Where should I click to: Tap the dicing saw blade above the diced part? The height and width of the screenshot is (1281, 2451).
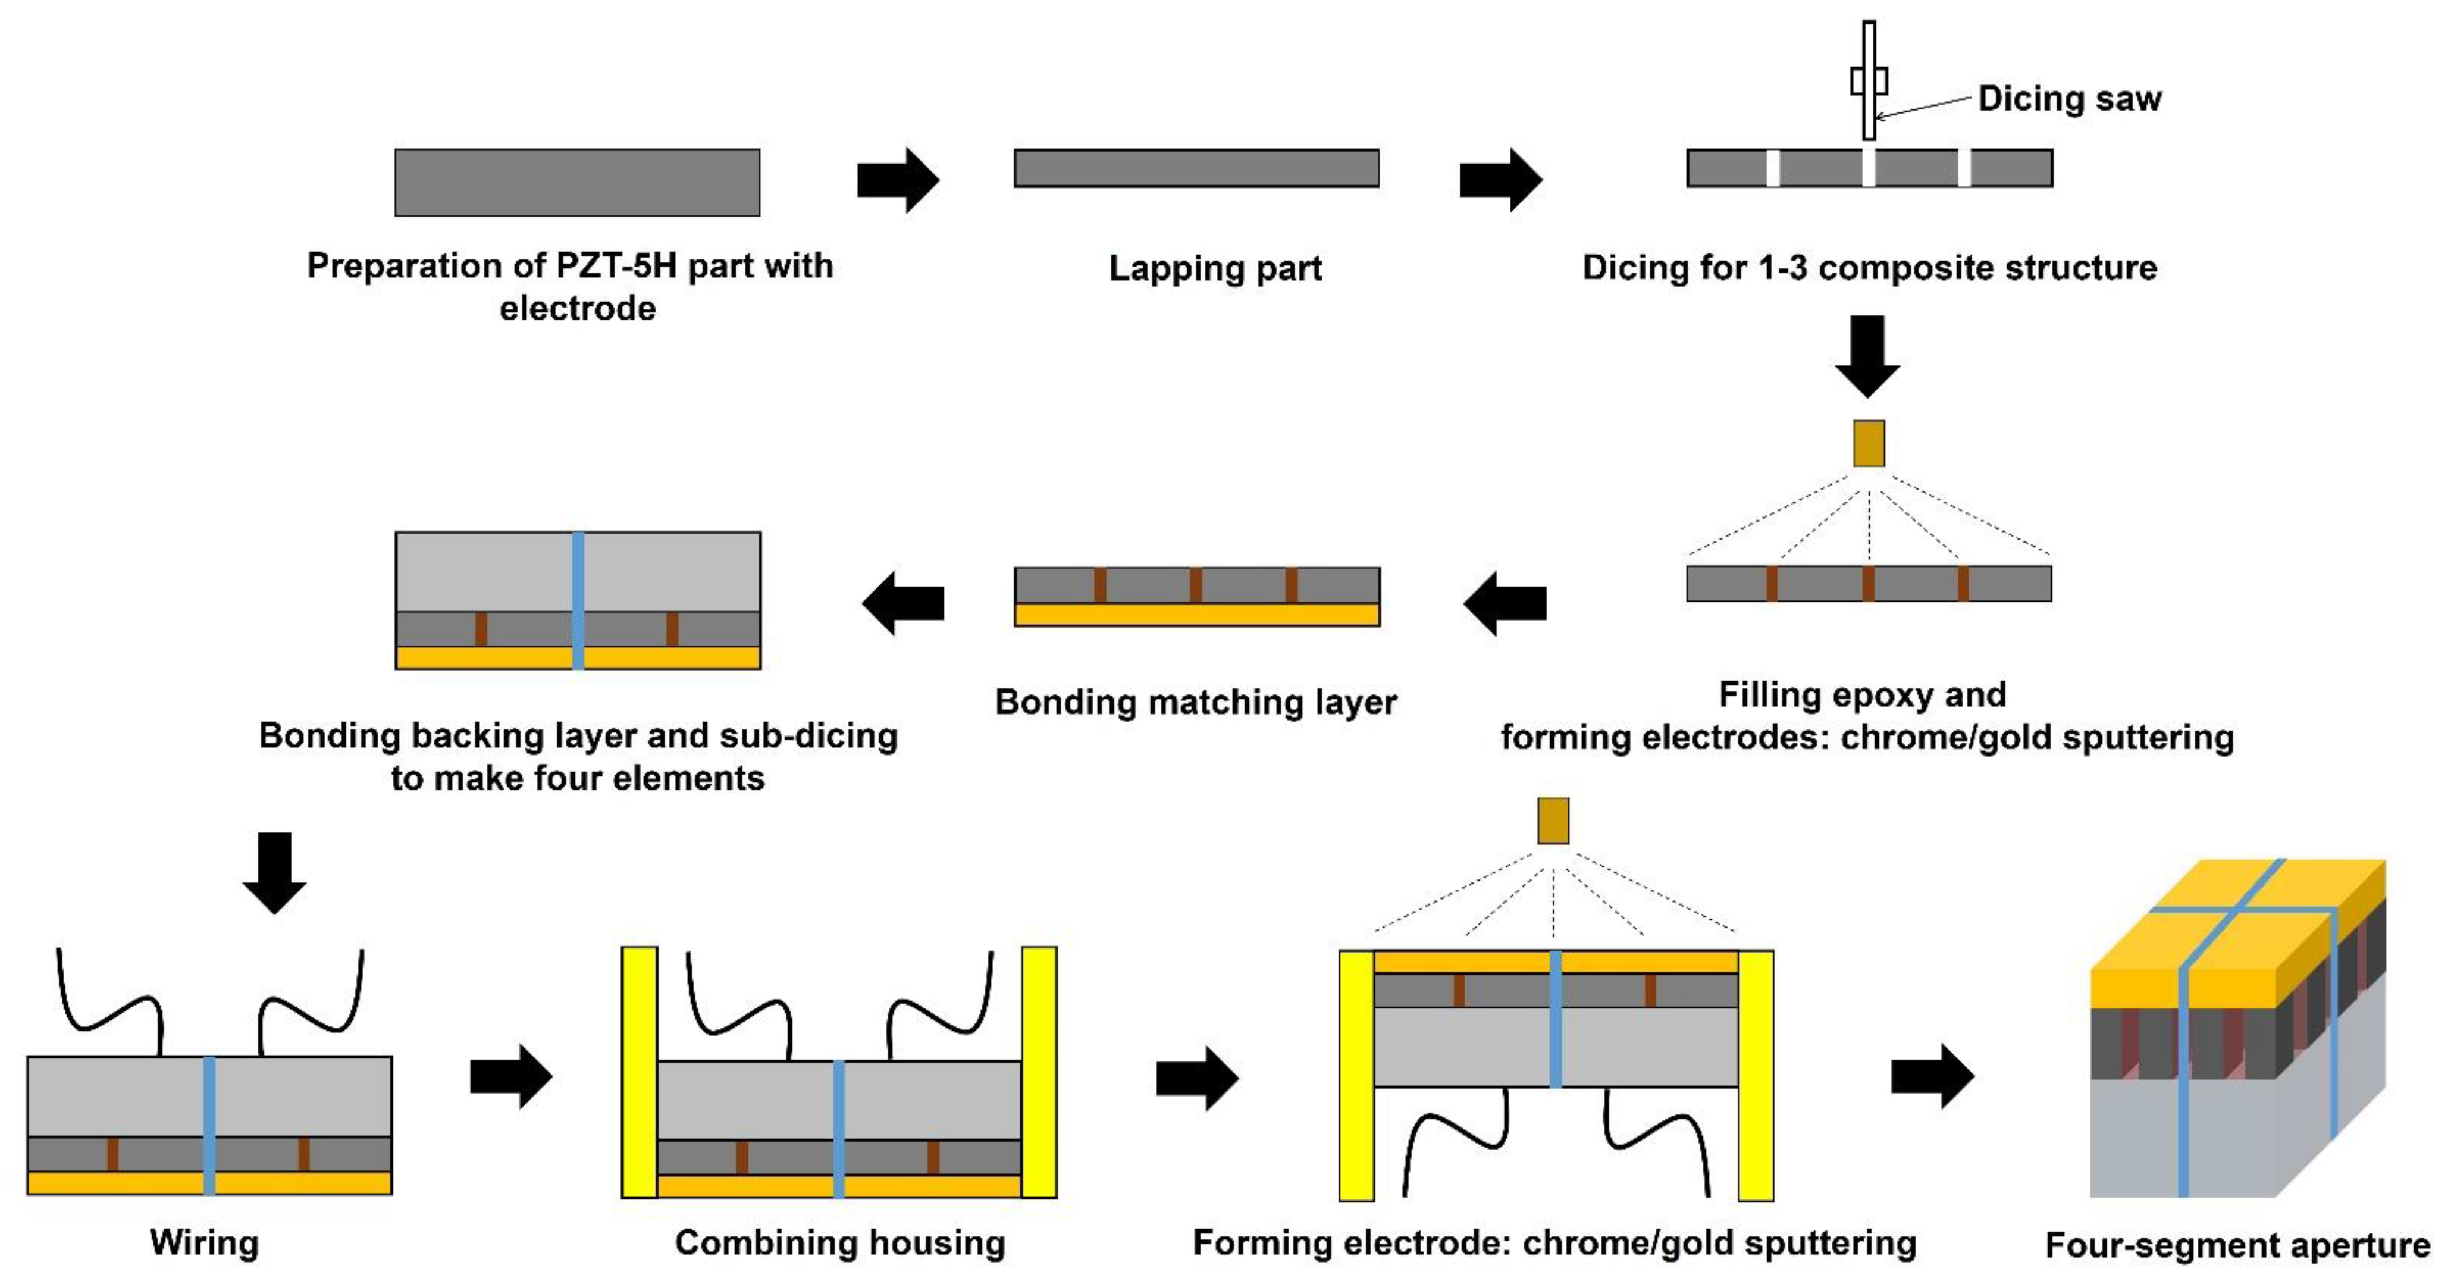tap(1869, 81)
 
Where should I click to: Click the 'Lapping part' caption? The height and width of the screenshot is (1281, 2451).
tap(1215, 268)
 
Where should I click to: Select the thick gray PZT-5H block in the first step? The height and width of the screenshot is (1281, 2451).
tap(578, 182)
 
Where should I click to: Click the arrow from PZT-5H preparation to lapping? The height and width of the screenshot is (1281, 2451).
tap(897, 180)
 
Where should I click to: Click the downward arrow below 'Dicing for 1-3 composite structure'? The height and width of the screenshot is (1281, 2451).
tap(1868, 356)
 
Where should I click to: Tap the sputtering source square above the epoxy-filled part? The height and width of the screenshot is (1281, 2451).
tap(1869, 443)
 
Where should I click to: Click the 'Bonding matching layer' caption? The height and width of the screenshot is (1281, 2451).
tap(1195, 702)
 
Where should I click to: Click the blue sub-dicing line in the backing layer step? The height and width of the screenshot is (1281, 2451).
tap(578, 600)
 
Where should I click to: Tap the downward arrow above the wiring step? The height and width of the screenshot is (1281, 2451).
tap(275, 872)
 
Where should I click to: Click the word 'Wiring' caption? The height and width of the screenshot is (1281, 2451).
tap(205, 1243)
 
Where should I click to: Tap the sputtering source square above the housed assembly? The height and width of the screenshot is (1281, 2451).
tap(1553, 820)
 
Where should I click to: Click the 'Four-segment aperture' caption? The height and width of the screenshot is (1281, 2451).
tap(2237, 1245)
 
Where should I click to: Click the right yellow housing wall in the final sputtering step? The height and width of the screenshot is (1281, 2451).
tap(1756, 1075)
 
